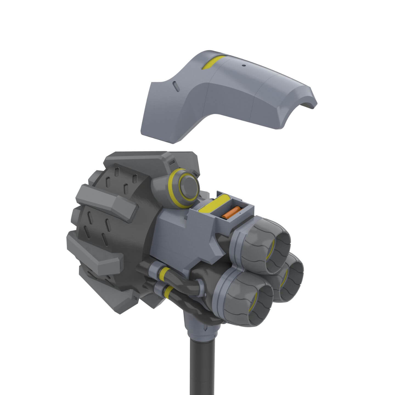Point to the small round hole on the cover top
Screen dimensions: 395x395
[x=243, y=66]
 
